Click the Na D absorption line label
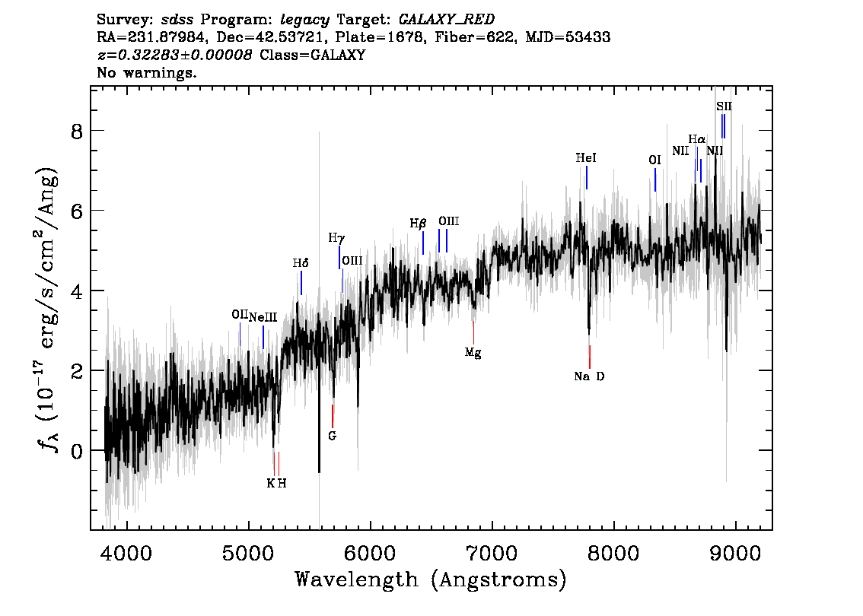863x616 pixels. [589, 376]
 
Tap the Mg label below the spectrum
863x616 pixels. [473, 353]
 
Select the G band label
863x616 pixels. [332, 436]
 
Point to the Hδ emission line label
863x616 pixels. [301, 263]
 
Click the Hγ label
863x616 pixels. [336, 238]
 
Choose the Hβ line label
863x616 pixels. [419, 223]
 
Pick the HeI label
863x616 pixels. [586, 158]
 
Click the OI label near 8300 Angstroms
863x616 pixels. [654, 160]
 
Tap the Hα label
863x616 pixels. [696, 139]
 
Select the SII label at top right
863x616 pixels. [724, 106]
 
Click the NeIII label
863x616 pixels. [263, 317]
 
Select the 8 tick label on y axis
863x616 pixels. [74, 131]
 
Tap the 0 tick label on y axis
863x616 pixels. [74, 450]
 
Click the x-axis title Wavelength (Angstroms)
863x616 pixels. [431, 580]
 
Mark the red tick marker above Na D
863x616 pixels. [590, 357]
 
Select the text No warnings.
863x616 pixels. [147, 73]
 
